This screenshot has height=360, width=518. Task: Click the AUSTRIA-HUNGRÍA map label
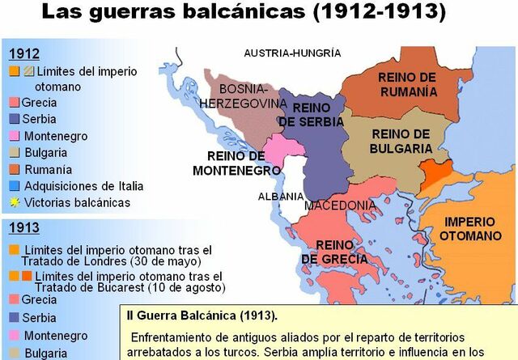point(292,53)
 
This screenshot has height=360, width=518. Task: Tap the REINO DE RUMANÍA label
point(407,83)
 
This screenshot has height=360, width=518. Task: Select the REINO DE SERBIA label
point(311,114)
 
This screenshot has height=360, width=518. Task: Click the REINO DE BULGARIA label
point(401,142)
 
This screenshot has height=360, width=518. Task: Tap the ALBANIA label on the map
point(281,197)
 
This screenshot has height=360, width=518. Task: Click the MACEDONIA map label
point(340,205)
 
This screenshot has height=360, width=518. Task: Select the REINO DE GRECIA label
point(334,252)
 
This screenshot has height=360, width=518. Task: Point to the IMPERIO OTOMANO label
point(471,229)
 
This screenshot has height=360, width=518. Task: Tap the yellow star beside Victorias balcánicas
point(14,202)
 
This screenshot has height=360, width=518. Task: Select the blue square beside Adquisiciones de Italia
point(14,185)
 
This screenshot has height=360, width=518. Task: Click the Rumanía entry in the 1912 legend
point(48,169)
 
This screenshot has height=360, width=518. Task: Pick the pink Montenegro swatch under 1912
point(14,136)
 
